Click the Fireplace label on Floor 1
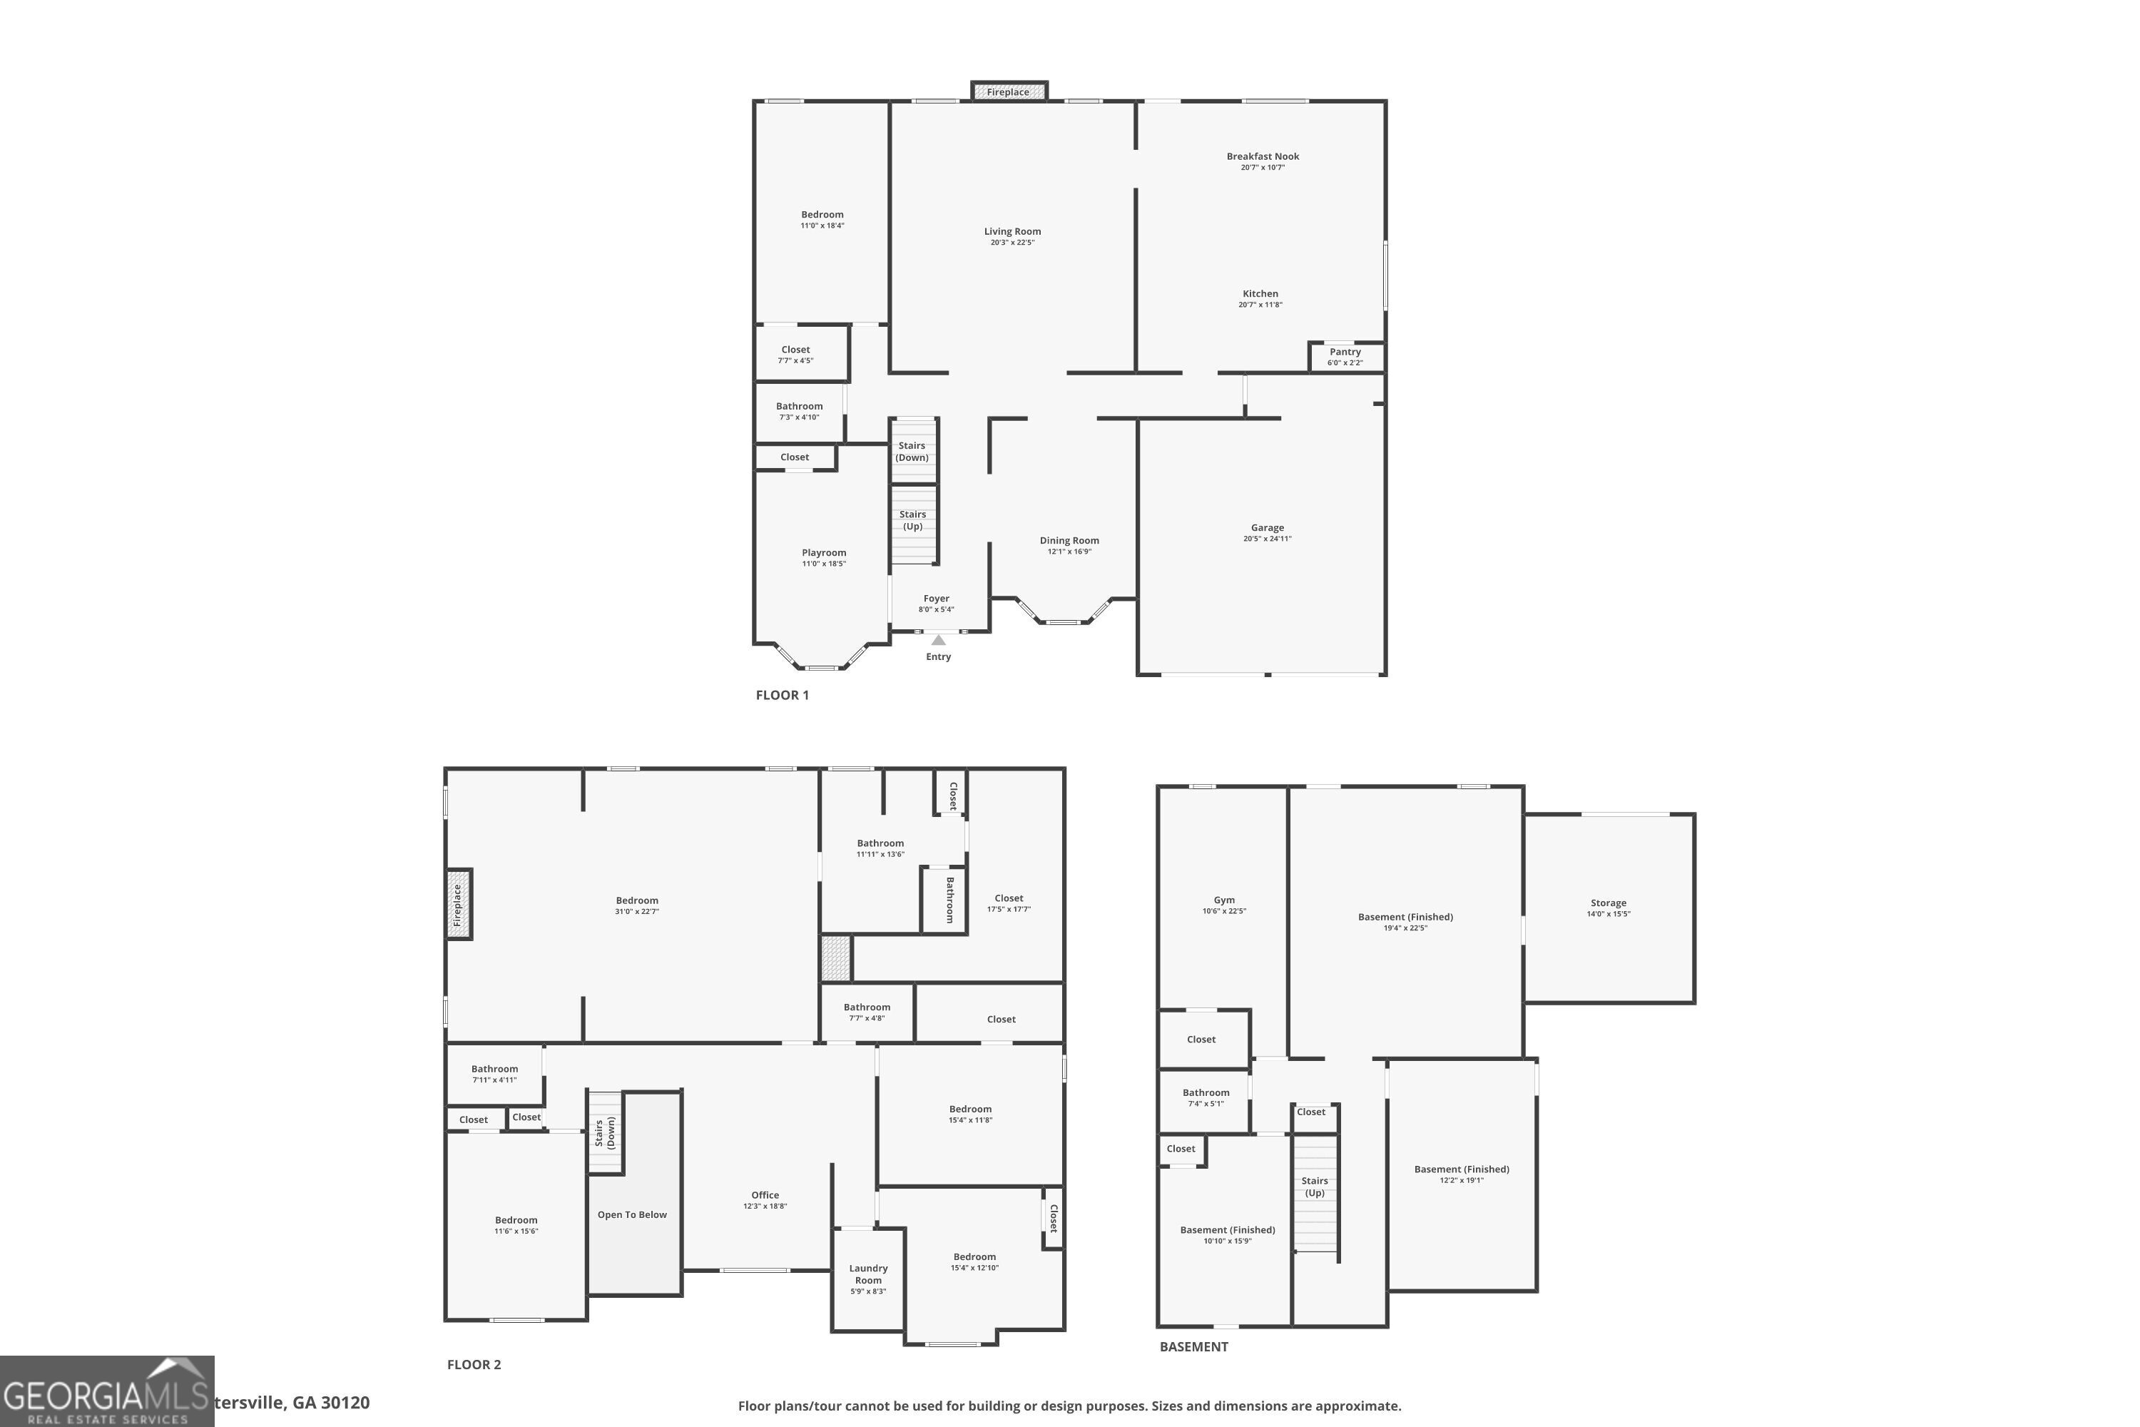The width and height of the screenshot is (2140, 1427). pyautogui.click(x=1008, y=92)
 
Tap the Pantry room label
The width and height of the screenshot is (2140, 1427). pyautogui.click(x=1345, y=352)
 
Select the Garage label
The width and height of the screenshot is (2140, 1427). pyautogui.click(x=1268, y=528)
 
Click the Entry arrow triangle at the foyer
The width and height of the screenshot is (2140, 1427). pyautogui.click(x=938, y=641)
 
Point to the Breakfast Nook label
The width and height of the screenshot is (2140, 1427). pyautogui.click(x=1263, y=156)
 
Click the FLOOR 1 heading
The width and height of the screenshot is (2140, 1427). pyautogui.click(x=782, y=695)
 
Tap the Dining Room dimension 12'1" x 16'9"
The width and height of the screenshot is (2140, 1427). pyautogui.click(x=1069, y=552)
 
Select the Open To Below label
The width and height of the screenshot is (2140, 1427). pyautogui.click(x=632, y=1215)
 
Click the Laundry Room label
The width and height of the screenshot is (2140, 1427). pyautogui.click(x=868, y=1274)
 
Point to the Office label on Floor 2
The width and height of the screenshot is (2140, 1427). pyautogui.click(x=765, y=1195)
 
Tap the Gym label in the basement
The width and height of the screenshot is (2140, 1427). pyautogui.click(x=1224, y=900)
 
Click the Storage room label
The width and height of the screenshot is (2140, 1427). pyautogui.click(x=1609, y=903)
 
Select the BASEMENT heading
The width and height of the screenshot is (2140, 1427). pyautogui.click(x=1193, y=1347)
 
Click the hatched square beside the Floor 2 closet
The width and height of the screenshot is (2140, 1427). pyautogui.click(x=836, y=958)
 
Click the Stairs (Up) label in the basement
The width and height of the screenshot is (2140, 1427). pyautogui.click(x=1315, y=1187)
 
